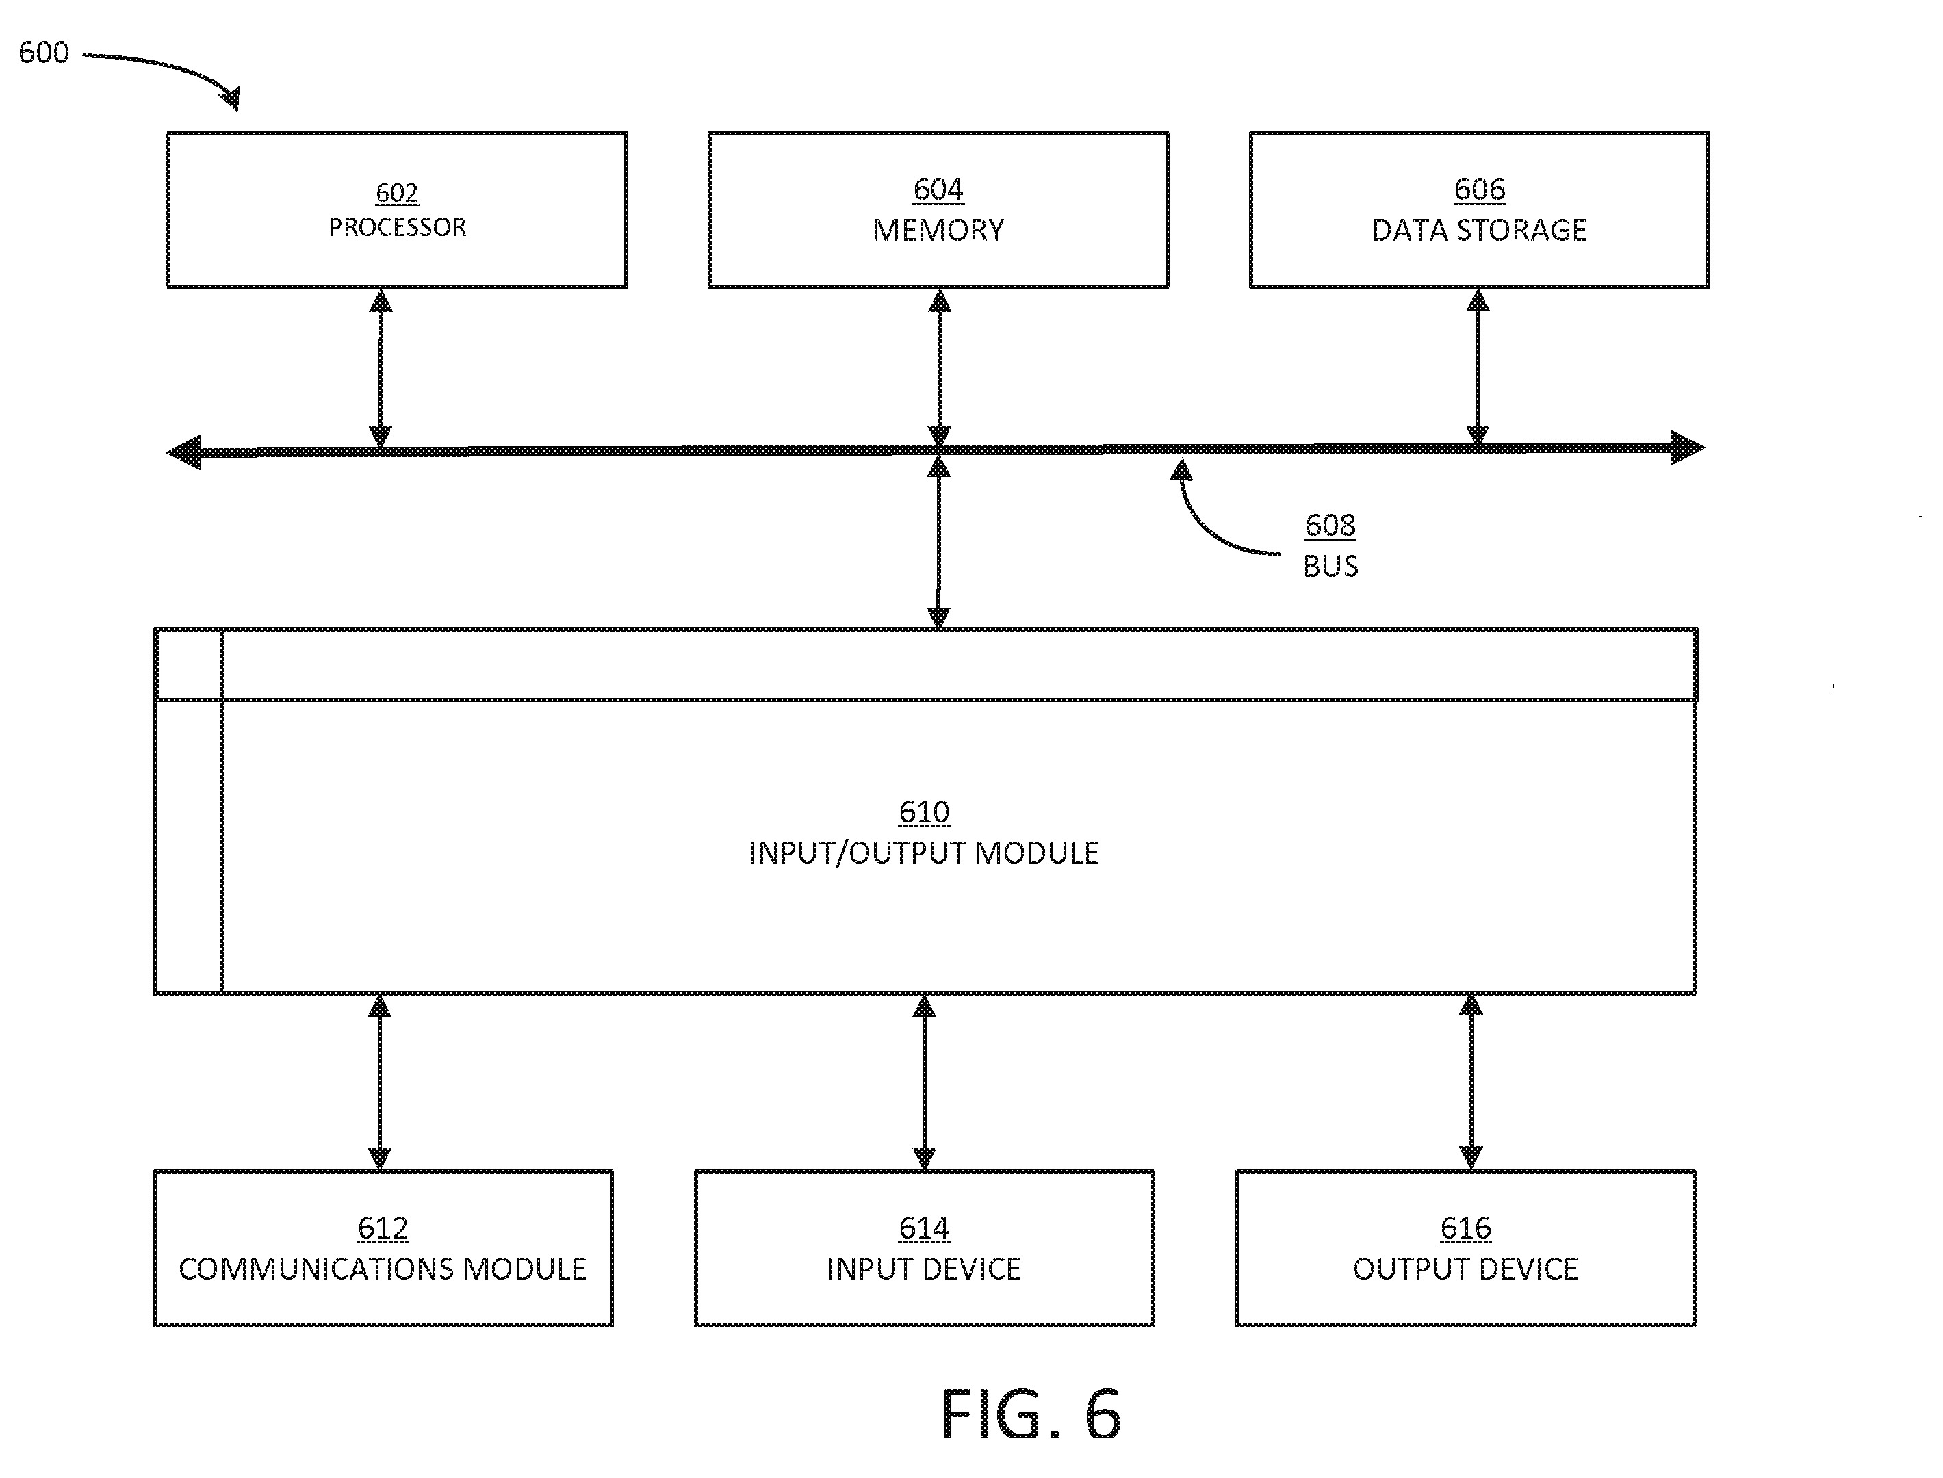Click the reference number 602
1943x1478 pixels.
(x=397, y=193)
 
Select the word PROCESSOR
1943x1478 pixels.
(x=397, y=228)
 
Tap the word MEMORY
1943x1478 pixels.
(x=938, y=231)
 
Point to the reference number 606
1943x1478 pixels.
(x=1479, y=189)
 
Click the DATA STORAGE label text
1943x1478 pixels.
(x=1479, y=231)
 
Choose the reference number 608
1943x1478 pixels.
(x=1330, y=526)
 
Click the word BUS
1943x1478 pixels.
(x=1330, y=566)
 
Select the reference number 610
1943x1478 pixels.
(x=924, y=811)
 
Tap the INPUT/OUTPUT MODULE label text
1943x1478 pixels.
(x=924, y=853)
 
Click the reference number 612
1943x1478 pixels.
(x=383, y=1228)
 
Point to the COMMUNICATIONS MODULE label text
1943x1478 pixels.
(x=383, y=1269)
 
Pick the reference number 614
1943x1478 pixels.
(x=924, y=1228)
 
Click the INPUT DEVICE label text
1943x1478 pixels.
(x=924, y=1269)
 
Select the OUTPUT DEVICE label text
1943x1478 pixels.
(x=1465, y=1269)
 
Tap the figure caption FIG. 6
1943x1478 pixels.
(x=1031, y=1414)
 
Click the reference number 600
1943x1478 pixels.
(x=44, y=53)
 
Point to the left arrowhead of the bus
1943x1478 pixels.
(x=184, y=452)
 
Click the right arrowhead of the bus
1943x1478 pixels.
(x=1687, y=448)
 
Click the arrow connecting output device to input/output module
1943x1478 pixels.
(x=1471, y=1081)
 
